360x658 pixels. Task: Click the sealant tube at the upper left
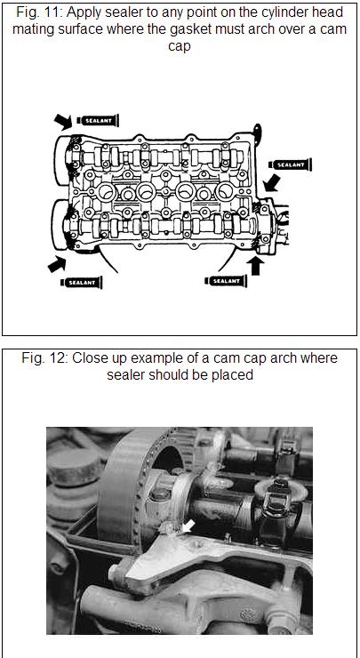(98, 120)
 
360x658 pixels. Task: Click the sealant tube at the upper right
(291, 164)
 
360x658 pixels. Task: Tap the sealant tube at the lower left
(82, 283)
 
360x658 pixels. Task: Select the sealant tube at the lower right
(226, 281)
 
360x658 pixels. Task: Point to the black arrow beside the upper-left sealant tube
(63, 122)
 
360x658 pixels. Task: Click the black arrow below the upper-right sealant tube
(271, 183)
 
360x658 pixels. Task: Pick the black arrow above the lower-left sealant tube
(57, 264)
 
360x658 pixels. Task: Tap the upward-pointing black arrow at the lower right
(255, 266)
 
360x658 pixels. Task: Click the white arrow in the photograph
(186, 526)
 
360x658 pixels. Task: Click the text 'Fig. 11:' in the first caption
(39, 12)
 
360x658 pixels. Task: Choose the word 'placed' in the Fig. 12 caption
(234, 374)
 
